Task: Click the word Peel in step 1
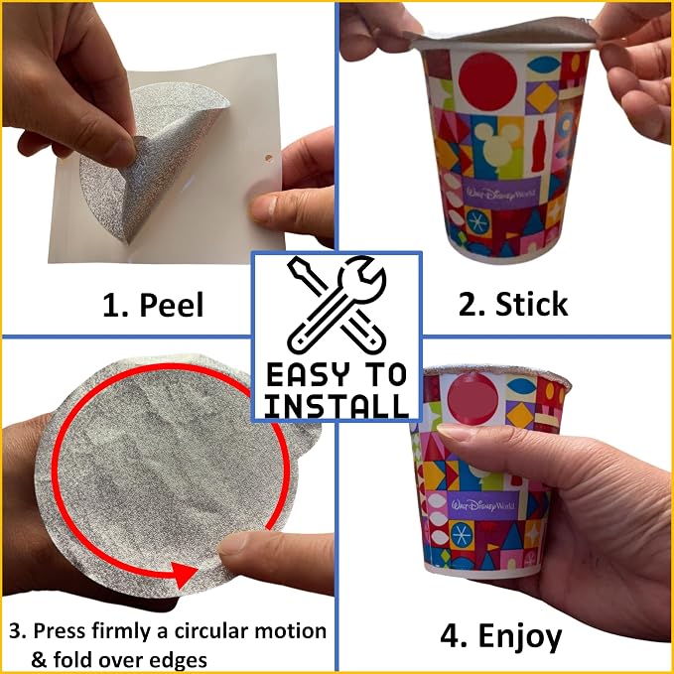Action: pos(172,305)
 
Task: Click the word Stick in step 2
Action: pos(532,304)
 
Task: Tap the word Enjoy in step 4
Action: pos(520,637)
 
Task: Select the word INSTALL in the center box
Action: pos(337,406)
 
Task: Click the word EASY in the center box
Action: pos(307,374)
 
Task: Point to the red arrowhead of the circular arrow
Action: pos(184,574)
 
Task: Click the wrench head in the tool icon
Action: pos(362,279)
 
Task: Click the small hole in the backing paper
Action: pos(269,158)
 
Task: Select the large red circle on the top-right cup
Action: pos(487,81)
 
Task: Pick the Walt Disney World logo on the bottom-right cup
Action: pos(482,505)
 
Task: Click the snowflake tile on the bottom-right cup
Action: pos(462,535)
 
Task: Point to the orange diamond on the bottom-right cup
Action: pos(520,415)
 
